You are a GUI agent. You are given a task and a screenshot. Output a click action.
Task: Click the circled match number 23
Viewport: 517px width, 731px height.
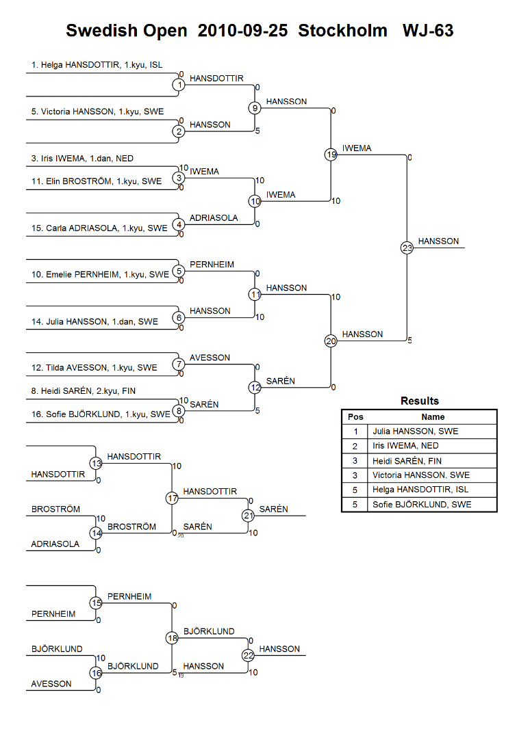[x=407, y=248]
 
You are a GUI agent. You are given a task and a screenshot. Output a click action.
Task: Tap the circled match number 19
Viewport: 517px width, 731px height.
[x=331, y=155]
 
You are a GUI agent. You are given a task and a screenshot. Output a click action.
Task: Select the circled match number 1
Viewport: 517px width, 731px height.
[x=179, y=85]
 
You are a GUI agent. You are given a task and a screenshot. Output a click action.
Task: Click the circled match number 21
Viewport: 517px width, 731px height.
[x=248, y=516]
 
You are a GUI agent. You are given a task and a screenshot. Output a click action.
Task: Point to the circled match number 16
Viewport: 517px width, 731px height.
[x=96, y=673]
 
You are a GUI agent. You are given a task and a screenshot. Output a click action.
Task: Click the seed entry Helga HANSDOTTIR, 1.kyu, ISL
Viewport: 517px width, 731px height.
[x=97, y=65]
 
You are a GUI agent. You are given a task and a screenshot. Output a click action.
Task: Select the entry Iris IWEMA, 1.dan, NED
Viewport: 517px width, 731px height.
[x=82, y=159]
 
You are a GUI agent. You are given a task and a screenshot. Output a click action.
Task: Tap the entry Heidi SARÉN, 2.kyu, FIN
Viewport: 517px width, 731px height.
[x=83, y=391]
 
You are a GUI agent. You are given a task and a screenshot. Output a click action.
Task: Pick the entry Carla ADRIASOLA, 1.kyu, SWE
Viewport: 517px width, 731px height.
[x=99, y=228]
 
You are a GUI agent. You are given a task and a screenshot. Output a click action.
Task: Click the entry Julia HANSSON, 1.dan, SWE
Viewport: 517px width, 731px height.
[x=94, y=321]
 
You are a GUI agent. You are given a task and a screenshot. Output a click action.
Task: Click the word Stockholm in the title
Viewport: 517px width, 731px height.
[x=343, y=31]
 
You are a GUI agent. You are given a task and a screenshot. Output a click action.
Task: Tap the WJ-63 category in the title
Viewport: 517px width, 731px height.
[x=428, y=31]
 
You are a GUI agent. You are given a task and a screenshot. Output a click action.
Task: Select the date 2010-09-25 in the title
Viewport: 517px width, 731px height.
[x=242, y=31]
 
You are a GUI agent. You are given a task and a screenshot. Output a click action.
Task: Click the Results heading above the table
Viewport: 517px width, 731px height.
[x=419, y=401]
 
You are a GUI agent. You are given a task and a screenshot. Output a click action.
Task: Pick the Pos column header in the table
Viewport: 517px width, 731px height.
[x=355, y=416]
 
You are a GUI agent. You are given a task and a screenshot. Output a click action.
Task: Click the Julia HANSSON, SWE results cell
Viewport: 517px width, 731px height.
[x=415, y=431]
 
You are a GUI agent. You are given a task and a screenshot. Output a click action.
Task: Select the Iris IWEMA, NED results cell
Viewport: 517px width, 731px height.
[x=405, y=446]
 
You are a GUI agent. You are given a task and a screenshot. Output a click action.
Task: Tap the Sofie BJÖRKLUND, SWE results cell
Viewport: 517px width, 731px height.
[x=422, y=505]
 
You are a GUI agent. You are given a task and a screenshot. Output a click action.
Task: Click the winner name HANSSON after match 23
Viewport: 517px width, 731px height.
[x=438, y=241]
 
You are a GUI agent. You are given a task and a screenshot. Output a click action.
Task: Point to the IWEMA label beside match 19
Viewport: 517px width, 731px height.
[x=357, y=148]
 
